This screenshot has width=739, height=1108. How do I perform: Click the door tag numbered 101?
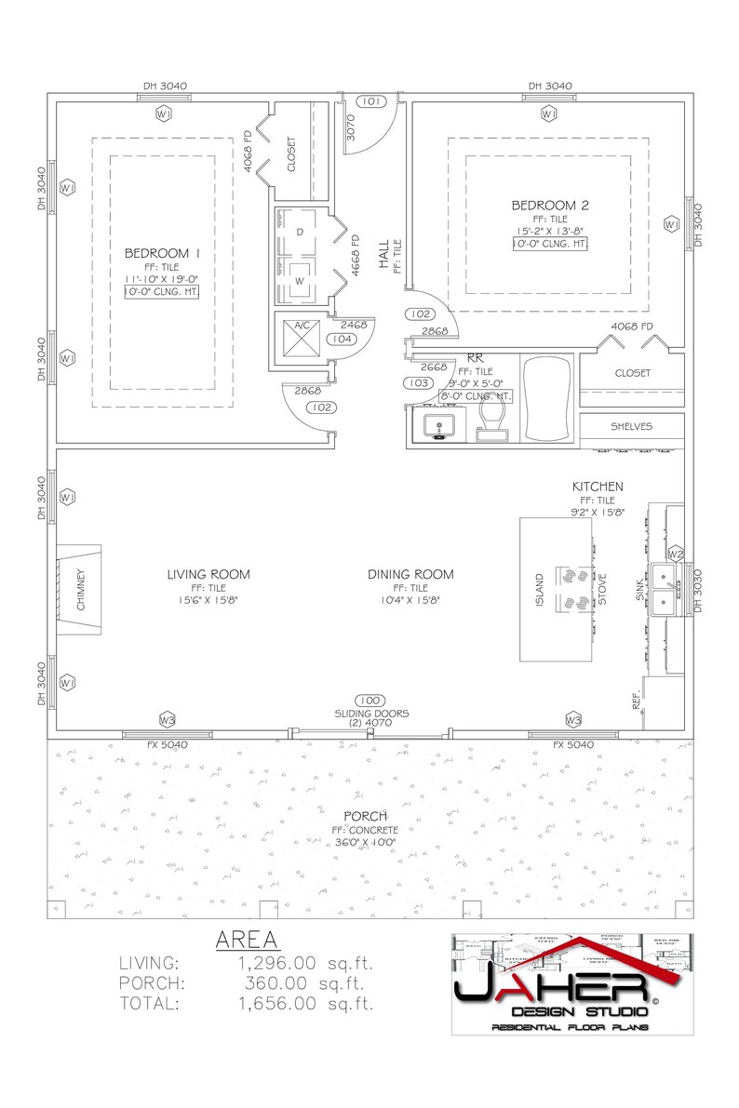coord(369,101)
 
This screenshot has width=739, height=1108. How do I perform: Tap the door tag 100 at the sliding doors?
coord(369,700)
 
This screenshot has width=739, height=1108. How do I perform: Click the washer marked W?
coord(299,280)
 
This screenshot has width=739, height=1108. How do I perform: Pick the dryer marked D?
coord(299,232)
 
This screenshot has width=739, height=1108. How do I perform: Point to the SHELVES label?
coord(632,427)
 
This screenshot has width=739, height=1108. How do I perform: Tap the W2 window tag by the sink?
coord(676,555)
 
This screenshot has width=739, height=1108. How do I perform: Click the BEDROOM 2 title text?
coord(549,205)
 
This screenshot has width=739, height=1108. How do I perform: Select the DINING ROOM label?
coord(410,574)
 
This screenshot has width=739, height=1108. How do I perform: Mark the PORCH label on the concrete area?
coord(365,816)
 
